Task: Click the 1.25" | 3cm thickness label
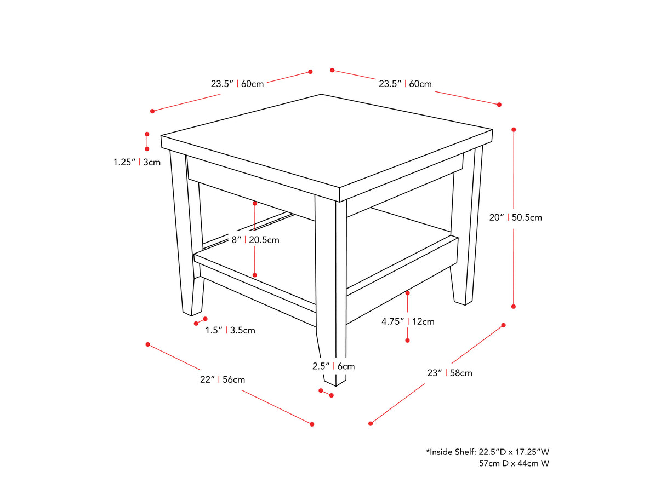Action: pyautogui.click(x=137, y=162)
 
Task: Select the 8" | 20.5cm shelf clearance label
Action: pyautogui.click(x=255, y=240)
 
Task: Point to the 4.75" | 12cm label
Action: pyautogui.click(x=408, y=321)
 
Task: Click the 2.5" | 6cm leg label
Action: pyautogui.click(x=333, y=366)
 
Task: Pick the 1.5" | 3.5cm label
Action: pyautogui.click(x=230, y=330)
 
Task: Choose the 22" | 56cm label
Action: pyautogui.click(x=222, y=379)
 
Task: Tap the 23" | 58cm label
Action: pyautogui.click(x=449, y=373)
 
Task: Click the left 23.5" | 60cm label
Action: pyautogui.click(x=237, y=84)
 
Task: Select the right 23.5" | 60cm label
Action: pyautogui.click(x=405, y=84)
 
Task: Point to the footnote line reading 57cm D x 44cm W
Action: pyautogui.click(x=514, y=463)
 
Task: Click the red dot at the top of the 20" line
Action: pyautogui.click(x=514, y=130)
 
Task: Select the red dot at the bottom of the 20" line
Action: pyautogui.click(x=514, y=307)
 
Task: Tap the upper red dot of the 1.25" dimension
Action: pyautogui.click(x=147, y=134)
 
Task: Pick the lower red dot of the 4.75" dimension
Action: pyautogui.click(x=407, y=341)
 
